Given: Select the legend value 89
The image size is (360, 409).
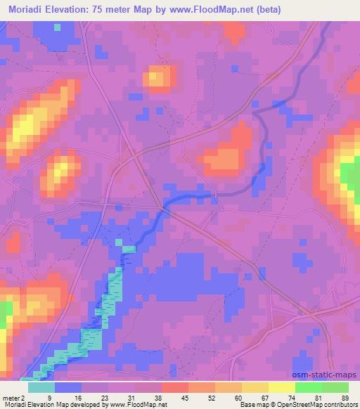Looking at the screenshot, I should (344, 397).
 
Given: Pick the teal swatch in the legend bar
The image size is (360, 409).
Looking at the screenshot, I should (41, 387).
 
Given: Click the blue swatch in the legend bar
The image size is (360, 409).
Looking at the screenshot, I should (68, 387).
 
